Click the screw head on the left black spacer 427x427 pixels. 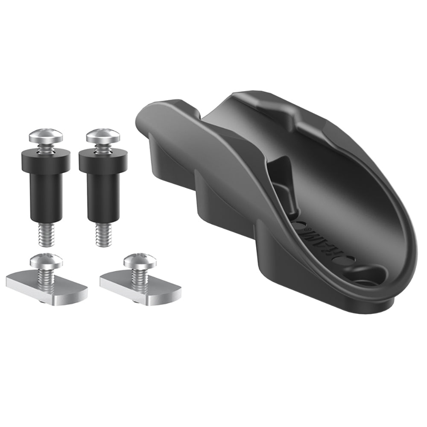click(x=47, y=137)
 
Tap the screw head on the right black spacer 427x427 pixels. click(x=103, y=137)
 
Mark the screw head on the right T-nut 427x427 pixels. click(x=137, y=259)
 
